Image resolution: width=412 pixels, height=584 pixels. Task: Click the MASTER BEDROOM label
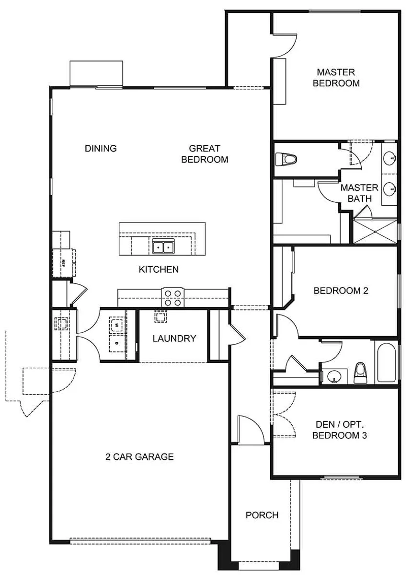(336, 77)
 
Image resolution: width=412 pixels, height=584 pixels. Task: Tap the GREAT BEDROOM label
(205, 154)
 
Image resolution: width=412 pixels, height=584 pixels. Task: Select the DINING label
(101, 148)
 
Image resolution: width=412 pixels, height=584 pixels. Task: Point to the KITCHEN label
(159, 269)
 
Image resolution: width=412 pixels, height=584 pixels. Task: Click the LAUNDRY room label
(174, 339)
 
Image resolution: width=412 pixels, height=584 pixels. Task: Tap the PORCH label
(262, 515)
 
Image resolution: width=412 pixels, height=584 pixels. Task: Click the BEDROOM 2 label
(341, 291)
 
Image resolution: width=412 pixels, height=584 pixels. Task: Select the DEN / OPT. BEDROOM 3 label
(340, 430)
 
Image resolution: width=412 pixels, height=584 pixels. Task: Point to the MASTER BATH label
(359, 193)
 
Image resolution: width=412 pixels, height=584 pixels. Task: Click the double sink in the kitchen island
(163, 246)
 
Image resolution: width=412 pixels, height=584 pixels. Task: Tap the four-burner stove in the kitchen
(172, 297)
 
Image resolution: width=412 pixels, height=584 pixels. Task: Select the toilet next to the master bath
(286, 159)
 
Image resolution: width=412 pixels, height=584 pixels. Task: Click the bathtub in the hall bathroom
(386, 363)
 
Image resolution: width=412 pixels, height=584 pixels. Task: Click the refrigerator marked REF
(63, 263)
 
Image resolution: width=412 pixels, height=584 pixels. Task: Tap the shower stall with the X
(375, 232)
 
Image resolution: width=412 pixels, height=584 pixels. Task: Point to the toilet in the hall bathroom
(360, 373)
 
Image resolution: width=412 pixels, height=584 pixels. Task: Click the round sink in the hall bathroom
(333, 376)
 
